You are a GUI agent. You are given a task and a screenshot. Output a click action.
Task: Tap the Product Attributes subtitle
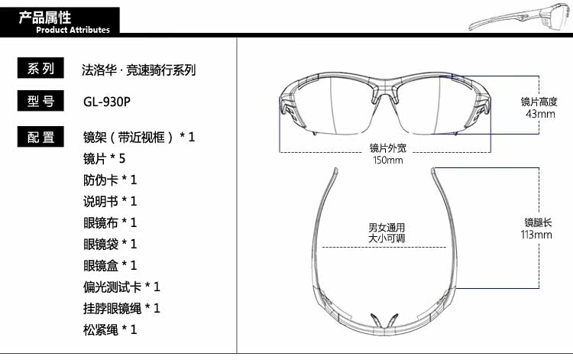73,30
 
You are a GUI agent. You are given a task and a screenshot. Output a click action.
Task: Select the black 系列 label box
40,70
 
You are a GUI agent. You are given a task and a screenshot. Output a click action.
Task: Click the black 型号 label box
40,102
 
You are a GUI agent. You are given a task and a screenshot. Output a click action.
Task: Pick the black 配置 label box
40,138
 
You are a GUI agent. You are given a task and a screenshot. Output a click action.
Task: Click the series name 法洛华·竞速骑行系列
139,70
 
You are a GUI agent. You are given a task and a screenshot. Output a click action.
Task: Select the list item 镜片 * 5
103,159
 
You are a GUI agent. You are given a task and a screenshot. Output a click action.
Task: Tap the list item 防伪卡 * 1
109,180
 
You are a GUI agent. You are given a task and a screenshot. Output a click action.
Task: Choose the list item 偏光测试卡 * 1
121,287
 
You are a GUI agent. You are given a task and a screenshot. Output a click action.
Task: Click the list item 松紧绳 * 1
109,330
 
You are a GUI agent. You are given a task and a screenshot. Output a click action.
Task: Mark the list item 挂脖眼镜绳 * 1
121,309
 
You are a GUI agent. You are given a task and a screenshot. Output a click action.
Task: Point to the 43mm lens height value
540,114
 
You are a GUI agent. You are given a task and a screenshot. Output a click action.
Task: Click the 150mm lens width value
387,160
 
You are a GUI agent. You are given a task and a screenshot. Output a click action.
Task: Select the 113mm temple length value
537,235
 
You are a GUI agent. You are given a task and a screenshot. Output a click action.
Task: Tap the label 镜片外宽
387,148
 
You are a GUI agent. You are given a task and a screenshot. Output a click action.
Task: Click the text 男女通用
386,228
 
